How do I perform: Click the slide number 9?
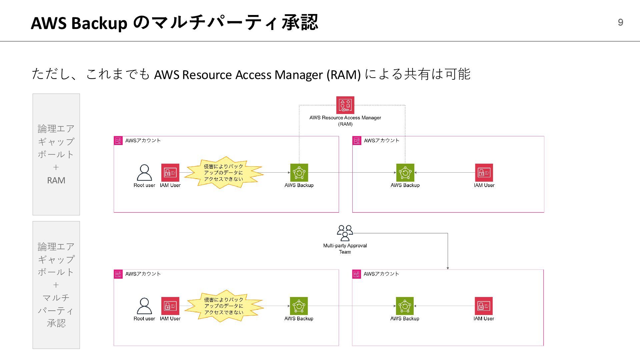coord(620,22)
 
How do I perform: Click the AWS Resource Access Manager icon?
coord(345,105)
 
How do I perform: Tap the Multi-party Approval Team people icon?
coord(345,233)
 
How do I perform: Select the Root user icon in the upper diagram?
coord(144,172)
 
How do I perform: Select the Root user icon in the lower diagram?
coord(144,306)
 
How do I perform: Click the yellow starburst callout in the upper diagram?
coord(224,173)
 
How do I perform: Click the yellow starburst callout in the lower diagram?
coord(224,306)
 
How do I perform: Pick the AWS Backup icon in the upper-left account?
coord(299,172)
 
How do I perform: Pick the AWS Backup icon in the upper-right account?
coord(405,172)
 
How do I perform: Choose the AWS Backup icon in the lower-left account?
coord(299,306)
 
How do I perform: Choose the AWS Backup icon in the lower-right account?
coord(405,306)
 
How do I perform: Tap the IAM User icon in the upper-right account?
coord(484,172)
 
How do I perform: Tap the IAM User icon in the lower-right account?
coord(484,306)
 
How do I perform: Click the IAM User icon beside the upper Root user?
coord(170,172)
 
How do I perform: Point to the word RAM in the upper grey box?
coord(56,180)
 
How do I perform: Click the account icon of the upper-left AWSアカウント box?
coord(118,141)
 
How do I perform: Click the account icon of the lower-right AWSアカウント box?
coord(357,274)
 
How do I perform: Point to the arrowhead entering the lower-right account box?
coord(448,268)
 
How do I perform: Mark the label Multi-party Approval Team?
coord(345,249)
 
